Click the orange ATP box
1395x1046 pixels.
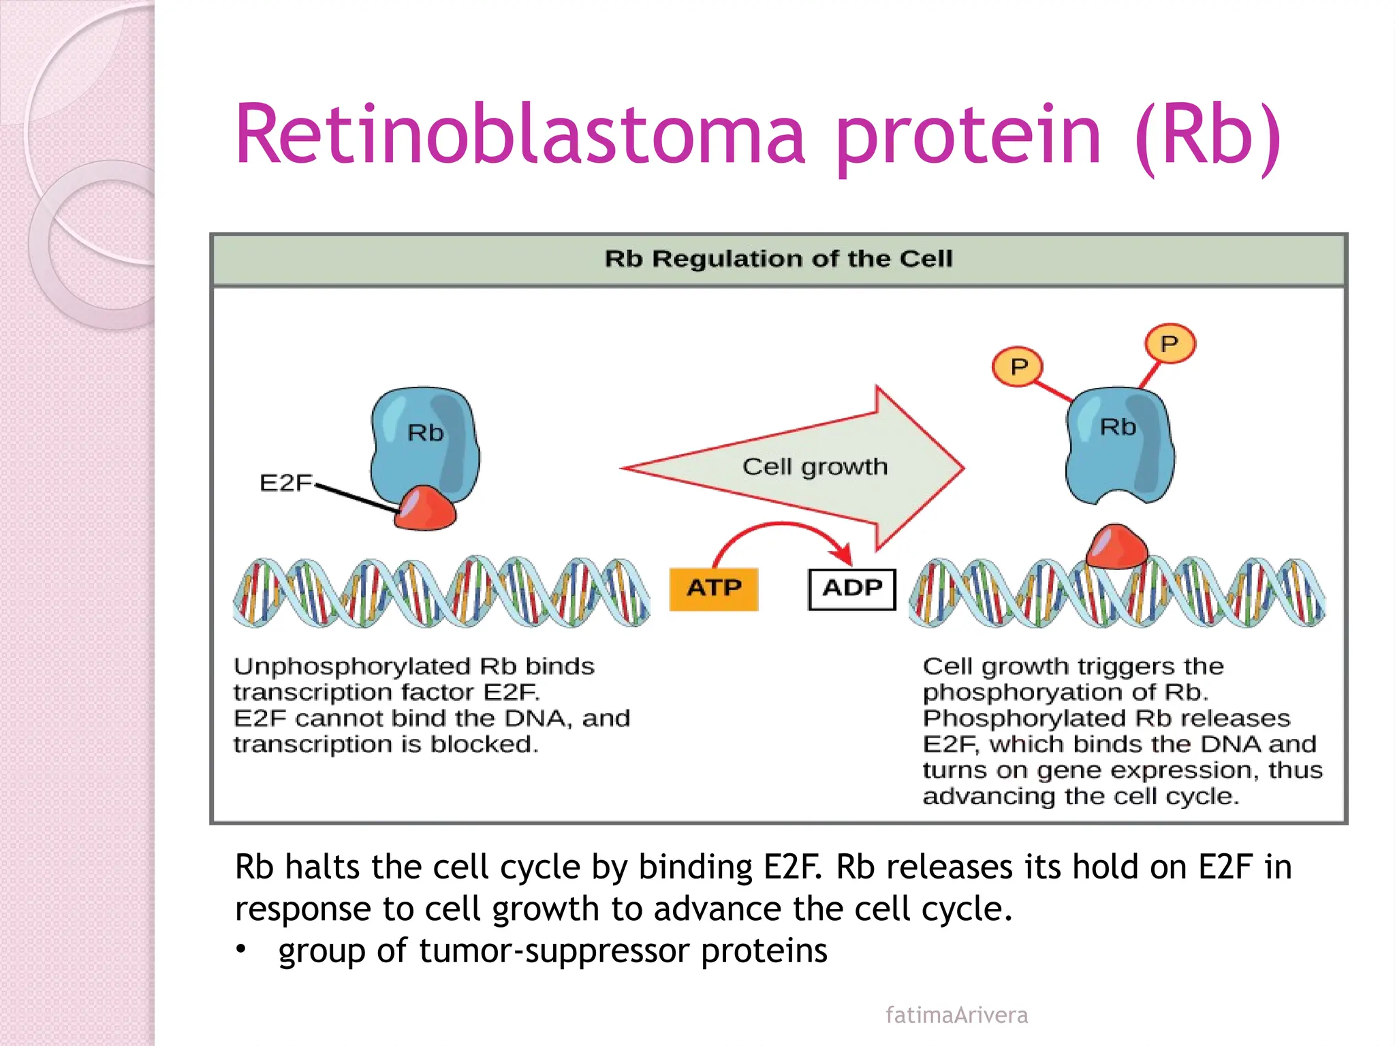(x=713, y=588)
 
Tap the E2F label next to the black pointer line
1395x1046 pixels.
(x=285, y=483)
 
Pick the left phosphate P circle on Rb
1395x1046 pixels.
(x=1018, y=367)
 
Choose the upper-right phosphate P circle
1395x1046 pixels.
(x=1169, y=343)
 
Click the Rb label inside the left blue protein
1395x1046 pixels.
(x=425, y=433)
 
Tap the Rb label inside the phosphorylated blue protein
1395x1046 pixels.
(x=1118, y=427)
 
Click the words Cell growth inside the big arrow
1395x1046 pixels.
(x=815, y=467)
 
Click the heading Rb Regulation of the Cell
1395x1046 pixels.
(x=778, y=259)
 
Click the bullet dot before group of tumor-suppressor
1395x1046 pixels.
(x=240, y=949)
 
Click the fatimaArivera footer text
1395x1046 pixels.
(x=956, y=1015)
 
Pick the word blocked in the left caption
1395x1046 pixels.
(x=484, y=744)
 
